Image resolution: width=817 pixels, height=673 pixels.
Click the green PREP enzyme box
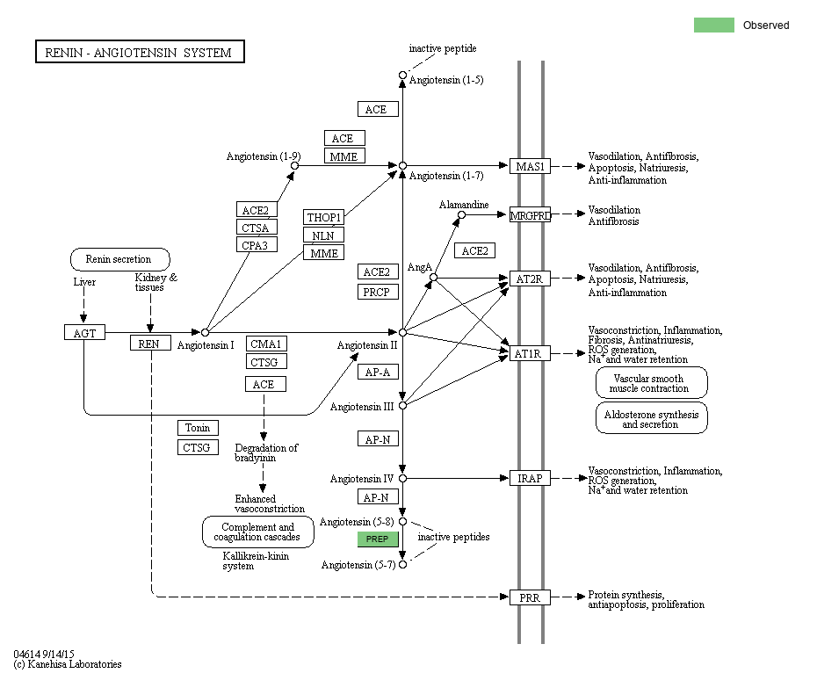(379, 539)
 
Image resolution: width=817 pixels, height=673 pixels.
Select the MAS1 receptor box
(530, 166)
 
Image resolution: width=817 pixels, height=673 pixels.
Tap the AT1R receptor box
(530, 353)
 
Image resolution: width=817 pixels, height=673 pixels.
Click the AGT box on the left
(84, 332)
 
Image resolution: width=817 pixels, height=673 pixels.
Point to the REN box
(149, 344)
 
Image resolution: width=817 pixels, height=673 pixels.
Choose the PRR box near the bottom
(530, 597)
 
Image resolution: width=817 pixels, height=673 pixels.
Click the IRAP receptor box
(530, 478)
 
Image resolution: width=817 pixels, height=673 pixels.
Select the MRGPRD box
(530, 214)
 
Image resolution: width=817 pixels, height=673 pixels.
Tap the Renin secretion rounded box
(119, 259)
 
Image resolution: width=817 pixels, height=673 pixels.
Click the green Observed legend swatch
(713, 25)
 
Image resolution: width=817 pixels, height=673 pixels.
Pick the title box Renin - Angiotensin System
(139, 52)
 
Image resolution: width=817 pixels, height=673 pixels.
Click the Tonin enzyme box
(198, 428)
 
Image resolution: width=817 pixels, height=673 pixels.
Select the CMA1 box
(266, 344)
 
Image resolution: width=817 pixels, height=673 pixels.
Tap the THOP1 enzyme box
(324, 217)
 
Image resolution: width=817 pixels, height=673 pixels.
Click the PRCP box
(379, 292)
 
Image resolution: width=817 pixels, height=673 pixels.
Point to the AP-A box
(379, 372)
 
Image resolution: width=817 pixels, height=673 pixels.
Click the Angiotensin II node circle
(402, 333)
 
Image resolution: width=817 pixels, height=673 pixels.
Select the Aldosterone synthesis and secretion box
(651, 418)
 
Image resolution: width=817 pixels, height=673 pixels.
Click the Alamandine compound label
(464, 204)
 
